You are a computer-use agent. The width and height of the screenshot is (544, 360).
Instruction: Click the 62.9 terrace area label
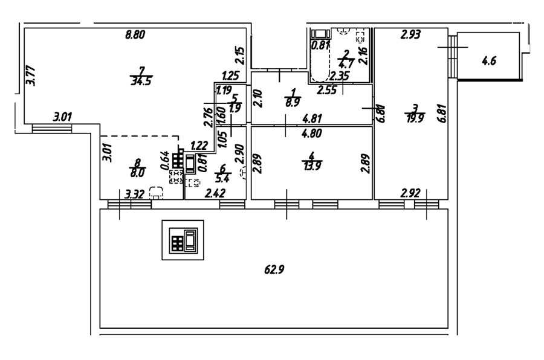[x=274, y=270]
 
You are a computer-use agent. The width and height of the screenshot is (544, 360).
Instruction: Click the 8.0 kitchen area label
[x=138, y=172]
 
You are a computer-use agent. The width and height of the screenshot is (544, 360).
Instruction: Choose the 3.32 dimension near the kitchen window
[x=134, y=194]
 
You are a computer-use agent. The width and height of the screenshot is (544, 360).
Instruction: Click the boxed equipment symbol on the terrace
[x=183, y=240]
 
